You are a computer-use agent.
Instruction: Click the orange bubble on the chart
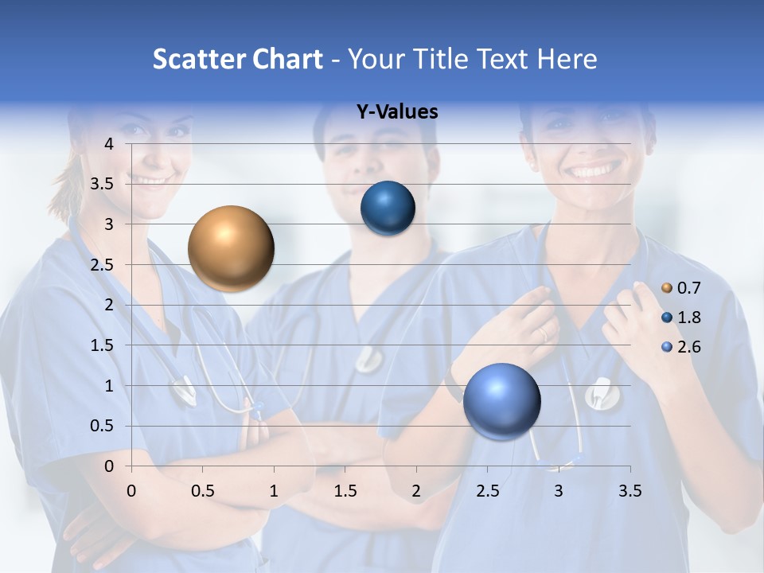coord(231,248)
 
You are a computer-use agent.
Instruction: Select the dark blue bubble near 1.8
coord(388,209)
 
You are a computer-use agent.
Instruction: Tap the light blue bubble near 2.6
coord(501,401)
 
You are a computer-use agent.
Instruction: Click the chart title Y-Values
coord(396,112)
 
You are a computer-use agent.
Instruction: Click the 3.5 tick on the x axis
coord(630,491)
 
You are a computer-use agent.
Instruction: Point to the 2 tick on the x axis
coord(416,491)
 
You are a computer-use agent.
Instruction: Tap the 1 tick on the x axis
coord(274,491)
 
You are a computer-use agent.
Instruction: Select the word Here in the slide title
coord(566,59)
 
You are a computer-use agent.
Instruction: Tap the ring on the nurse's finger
coord(544,334)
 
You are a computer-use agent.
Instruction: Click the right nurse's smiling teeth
coord(594,170)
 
